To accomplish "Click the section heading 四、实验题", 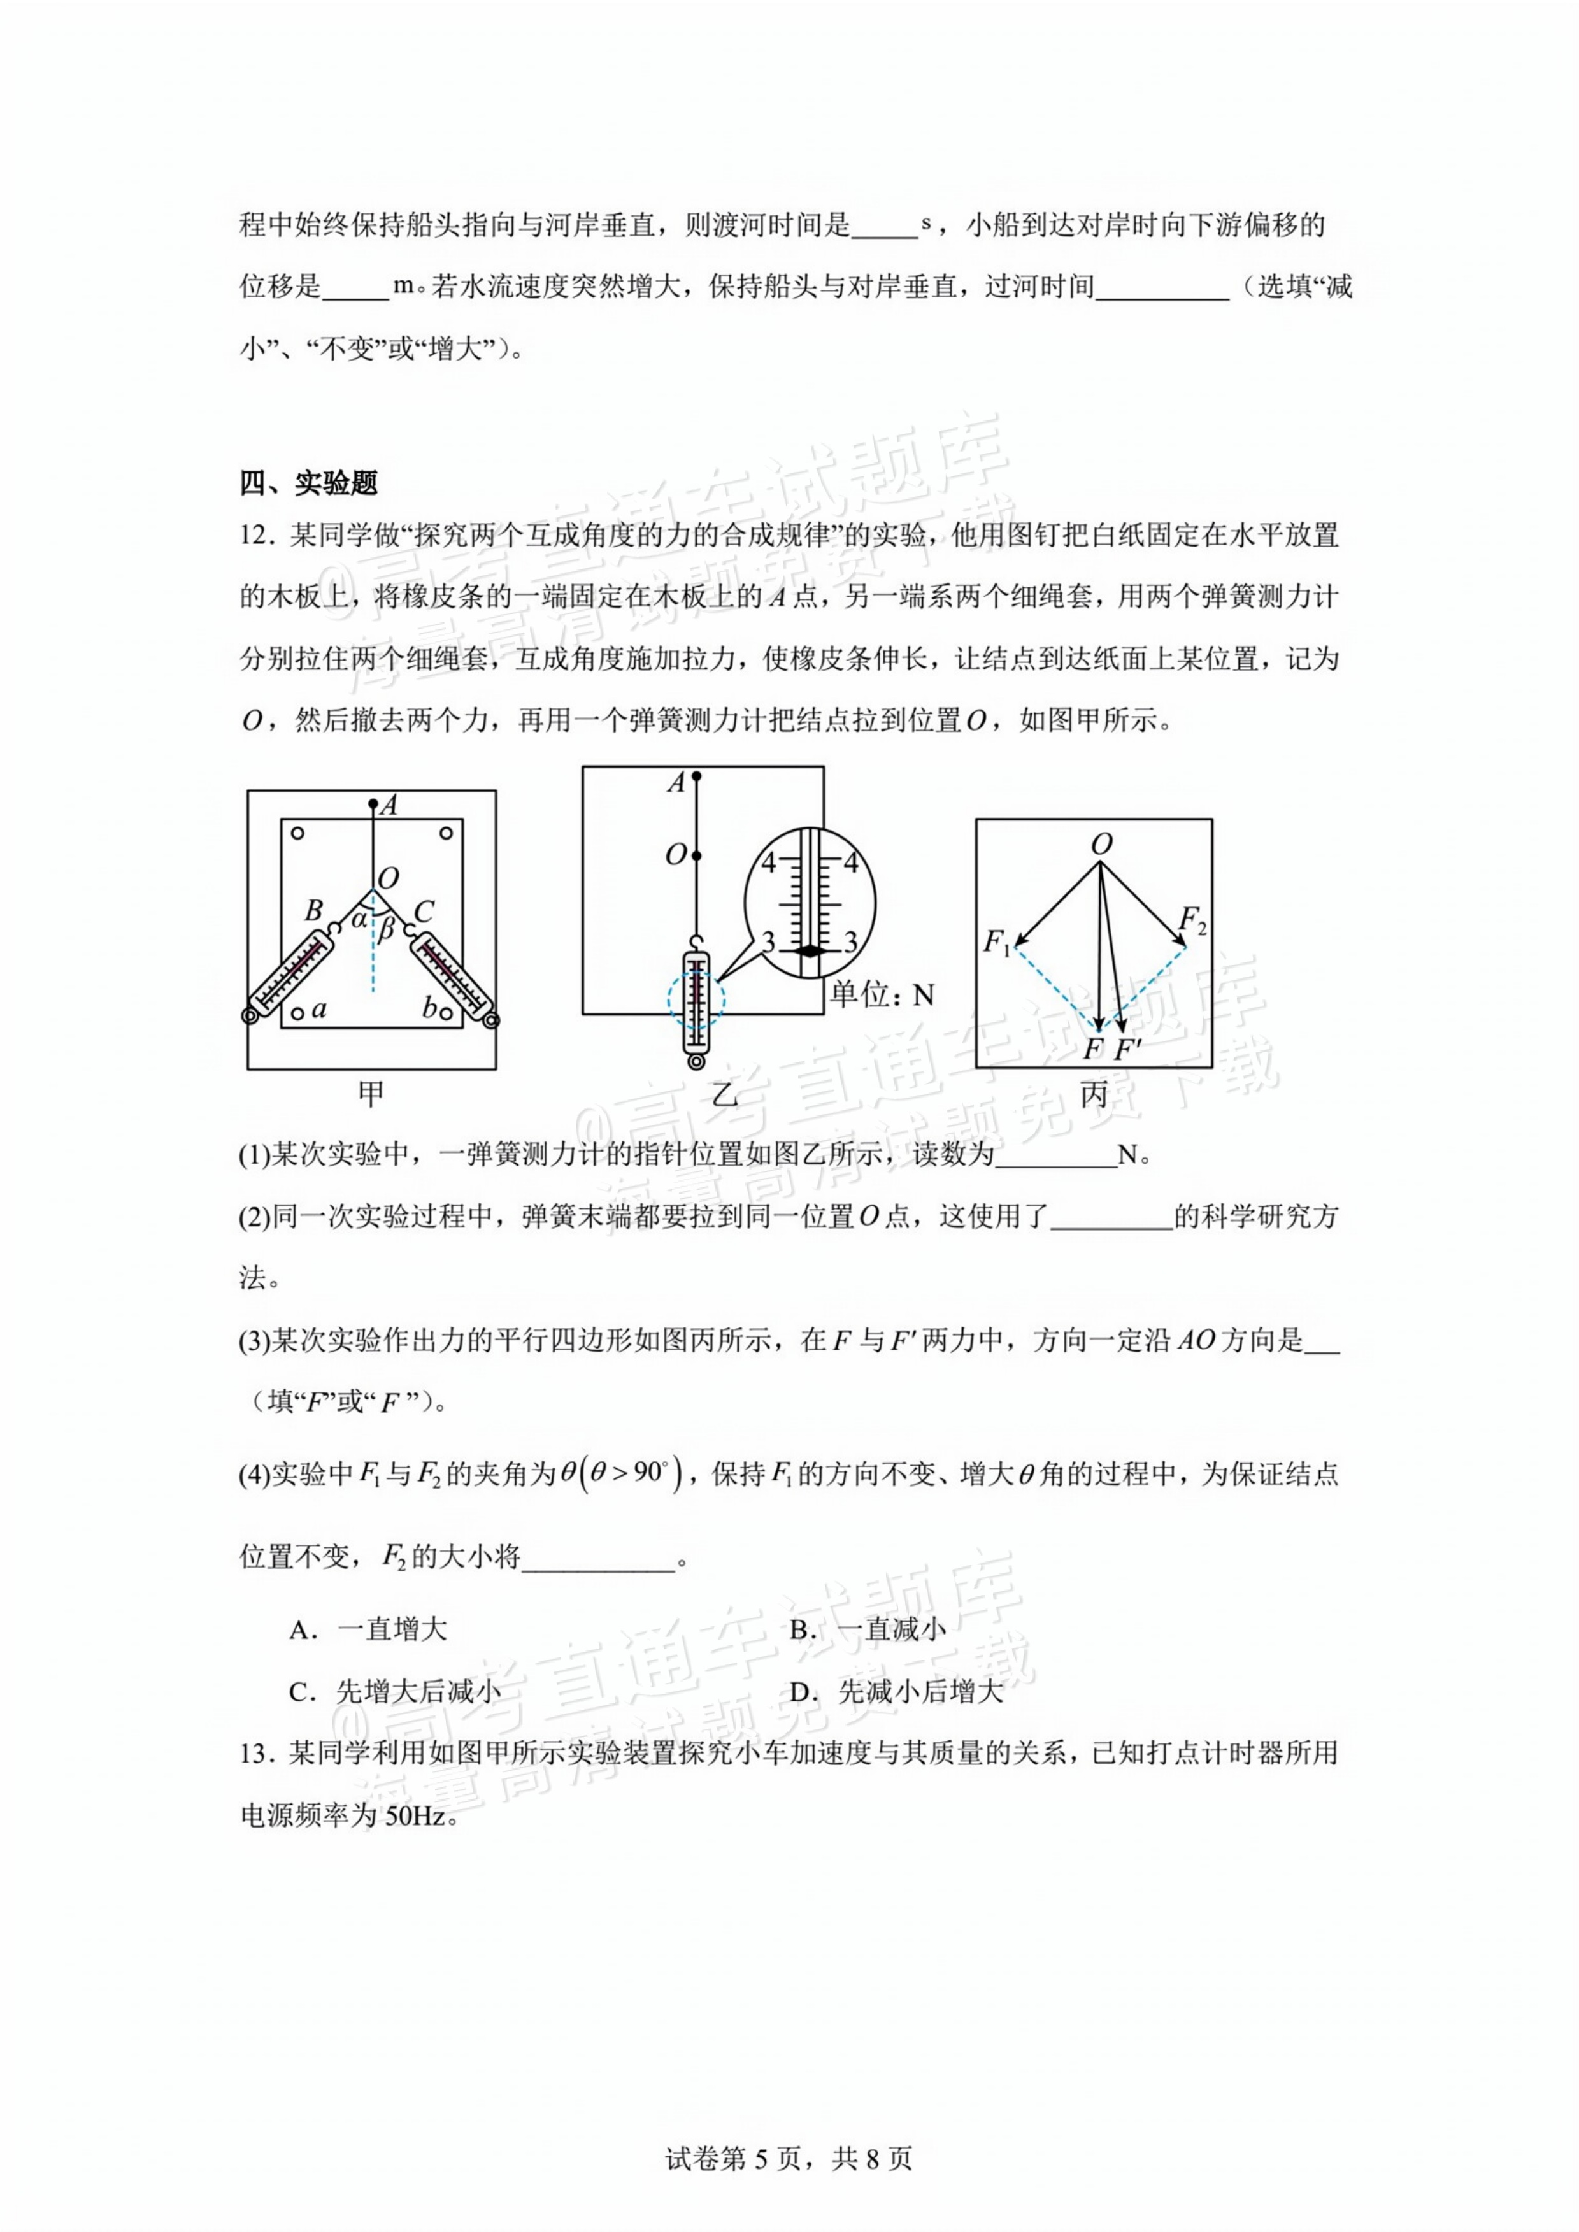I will pyautogui.click(x=308, y=483).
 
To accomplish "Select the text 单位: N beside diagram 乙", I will pyautogui.click(x=883, y=994).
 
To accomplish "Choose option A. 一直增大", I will pyautogui.click(x=369, y=1630).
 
